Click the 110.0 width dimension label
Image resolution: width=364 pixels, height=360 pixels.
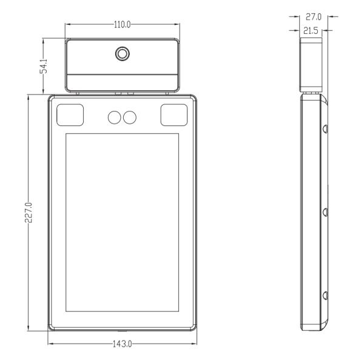click(x=123, y=25)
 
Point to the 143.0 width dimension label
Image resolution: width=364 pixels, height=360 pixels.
click(x=123, y=344)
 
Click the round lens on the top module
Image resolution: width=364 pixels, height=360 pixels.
click(x=123, y=54)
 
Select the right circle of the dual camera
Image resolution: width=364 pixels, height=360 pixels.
click(x=129, y=117)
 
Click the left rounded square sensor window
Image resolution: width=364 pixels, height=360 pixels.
click(x=71, y=115)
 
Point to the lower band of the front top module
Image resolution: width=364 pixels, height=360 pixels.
click(x=123, y=80)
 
